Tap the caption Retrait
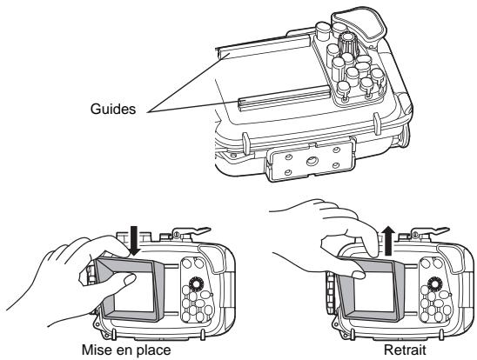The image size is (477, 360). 392,350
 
